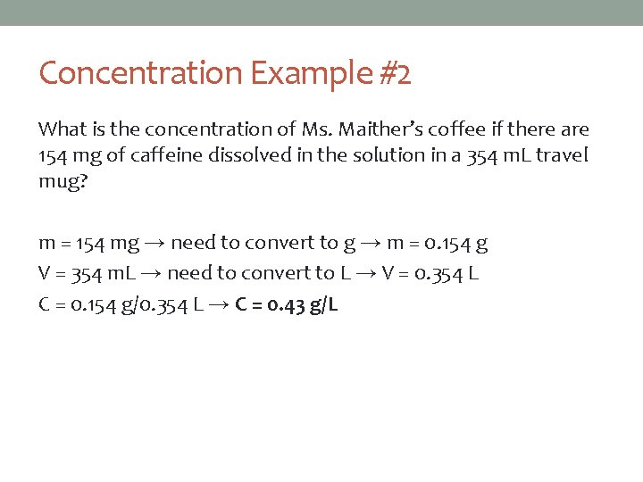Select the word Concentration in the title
140,73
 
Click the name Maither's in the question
370,130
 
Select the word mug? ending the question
62,180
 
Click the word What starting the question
63,130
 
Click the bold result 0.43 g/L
288,305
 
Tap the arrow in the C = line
218,305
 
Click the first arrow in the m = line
154,243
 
